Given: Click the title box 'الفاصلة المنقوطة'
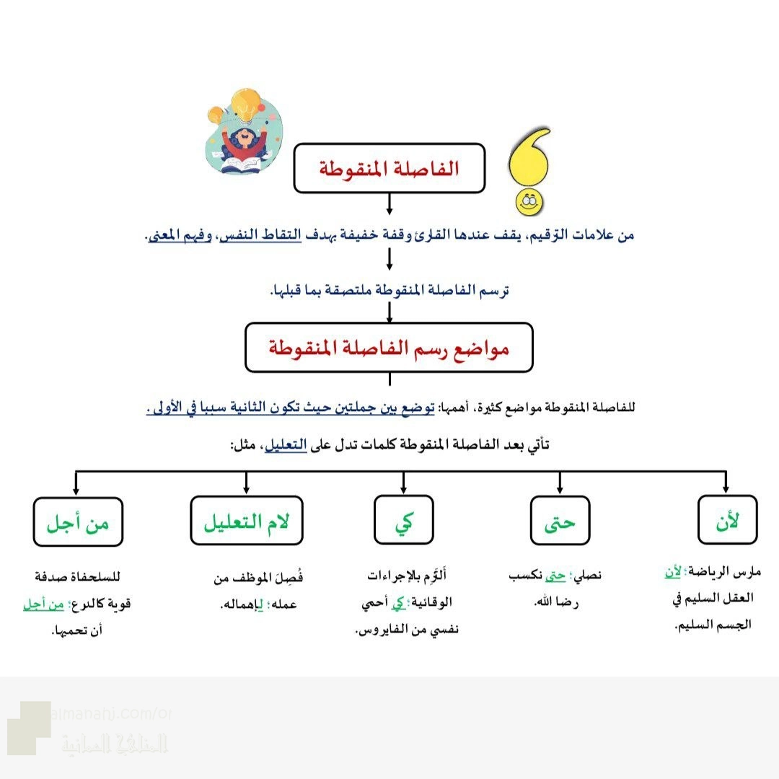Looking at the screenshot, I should [x=389, y=168].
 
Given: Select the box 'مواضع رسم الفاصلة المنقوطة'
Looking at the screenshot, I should [x=389, y=348].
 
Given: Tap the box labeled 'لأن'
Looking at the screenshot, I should [x=727, y=519].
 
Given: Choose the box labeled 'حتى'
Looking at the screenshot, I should [x=560, y=520].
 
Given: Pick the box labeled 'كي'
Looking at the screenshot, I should [x=403, y=520].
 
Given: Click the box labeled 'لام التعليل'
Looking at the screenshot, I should [x=247, y=520].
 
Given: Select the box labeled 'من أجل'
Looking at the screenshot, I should [x=78, y=520].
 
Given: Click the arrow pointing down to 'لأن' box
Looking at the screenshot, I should [x=726, y=483].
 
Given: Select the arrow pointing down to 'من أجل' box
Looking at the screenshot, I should [x=77, y=483].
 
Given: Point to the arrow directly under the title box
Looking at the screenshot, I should [x=389, y=204].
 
